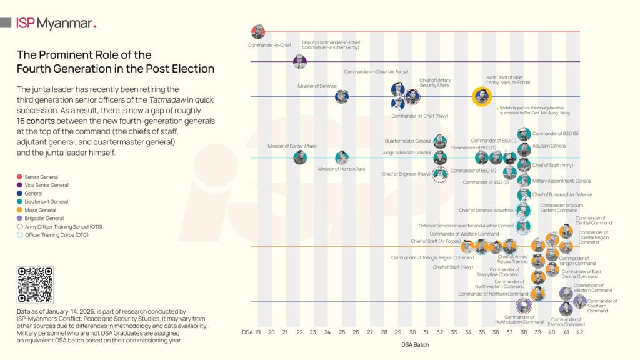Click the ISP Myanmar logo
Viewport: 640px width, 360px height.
[x=56, y=24]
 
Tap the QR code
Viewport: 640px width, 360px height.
[x=35, y=285]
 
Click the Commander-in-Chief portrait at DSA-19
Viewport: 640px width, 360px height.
[x=257, y=32]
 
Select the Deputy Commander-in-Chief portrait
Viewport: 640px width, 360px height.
[x=300, y=61]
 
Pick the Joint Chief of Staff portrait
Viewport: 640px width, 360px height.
[x=481, y=96]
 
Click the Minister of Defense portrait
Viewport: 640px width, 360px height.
[x=342, y=96]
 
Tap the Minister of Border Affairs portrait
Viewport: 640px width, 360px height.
[x=300, y=157]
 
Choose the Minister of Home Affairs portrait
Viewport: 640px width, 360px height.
[x=342, y=157]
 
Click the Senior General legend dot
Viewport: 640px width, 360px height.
[x=20, y=177]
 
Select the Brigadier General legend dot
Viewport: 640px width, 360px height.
[x=20, y=218]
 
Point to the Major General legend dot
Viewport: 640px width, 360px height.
[x=20, y=210]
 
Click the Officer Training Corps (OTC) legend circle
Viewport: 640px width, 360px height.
[x=20, y=234]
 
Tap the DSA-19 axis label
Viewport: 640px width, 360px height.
[x=251, y=332]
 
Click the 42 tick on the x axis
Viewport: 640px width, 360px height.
[x=580, y=332]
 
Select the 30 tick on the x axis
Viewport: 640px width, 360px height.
[x=412, y=332]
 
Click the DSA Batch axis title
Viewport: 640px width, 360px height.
[x=415, y=344]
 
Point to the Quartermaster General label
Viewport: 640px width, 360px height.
[x=407, y=141]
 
